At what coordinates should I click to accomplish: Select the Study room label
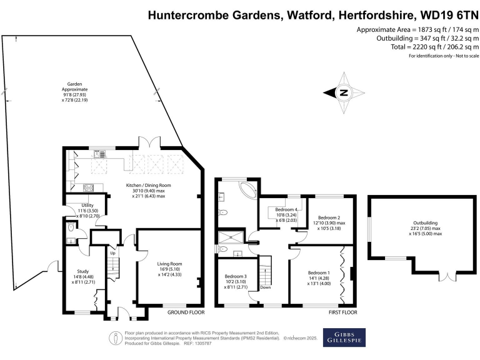[x=74, y=271]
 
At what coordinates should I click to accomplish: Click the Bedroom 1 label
[x=320, y=272]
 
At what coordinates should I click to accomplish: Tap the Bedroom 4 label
[x=287, y=209]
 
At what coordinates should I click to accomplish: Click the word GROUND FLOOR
[x=186, y=311]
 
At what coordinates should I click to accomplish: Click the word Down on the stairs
[x=265, y=287]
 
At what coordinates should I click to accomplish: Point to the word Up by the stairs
[x=112, y=253]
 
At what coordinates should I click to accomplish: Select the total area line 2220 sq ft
[x=432, y=47]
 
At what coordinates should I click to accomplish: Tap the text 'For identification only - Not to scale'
[x=444, y=56]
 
